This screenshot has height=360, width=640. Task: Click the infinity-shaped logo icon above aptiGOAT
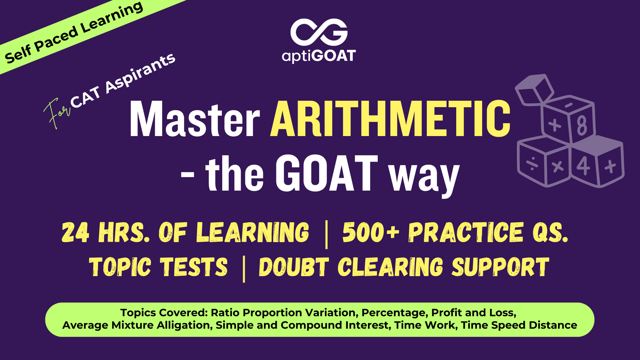pos(319,32)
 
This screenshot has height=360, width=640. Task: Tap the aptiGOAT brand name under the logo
pos(319,56)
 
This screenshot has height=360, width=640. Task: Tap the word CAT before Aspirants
pos(85,97)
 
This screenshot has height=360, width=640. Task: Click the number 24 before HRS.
pos(76,232)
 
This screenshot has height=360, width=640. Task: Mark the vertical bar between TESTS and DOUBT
pos(244,269)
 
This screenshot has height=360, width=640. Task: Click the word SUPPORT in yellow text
pos(500,267)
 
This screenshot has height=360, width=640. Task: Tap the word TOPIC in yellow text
pos(120,267)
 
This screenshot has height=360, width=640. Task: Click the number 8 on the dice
pos(582,125)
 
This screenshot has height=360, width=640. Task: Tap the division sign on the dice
pos(532,164)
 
